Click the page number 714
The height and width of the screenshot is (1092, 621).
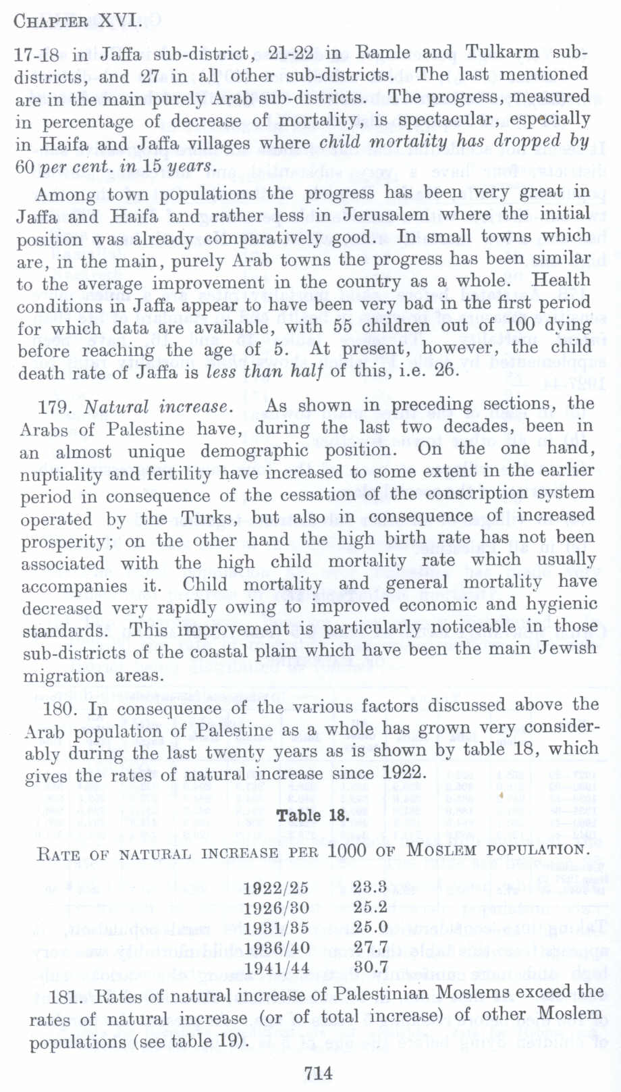pyautogui.click(x=319, y=1072)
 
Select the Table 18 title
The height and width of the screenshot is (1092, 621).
pyautogui.click(x=313, y=815)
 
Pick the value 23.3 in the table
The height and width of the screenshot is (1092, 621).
pyautogui.click(x=370, y=887)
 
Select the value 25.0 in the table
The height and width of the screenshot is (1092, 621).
pyautogui.click(x=371, y=927)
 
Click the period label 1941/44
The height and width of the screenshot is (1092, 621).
pyautogui.click(x=276, y=968)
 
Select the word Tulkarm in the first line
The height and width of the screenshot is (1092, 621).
pyautogui.click(x=502, y=52)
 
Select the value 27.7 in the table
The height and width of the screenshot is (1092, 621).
pyautogui.click(x=371, y=947)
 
